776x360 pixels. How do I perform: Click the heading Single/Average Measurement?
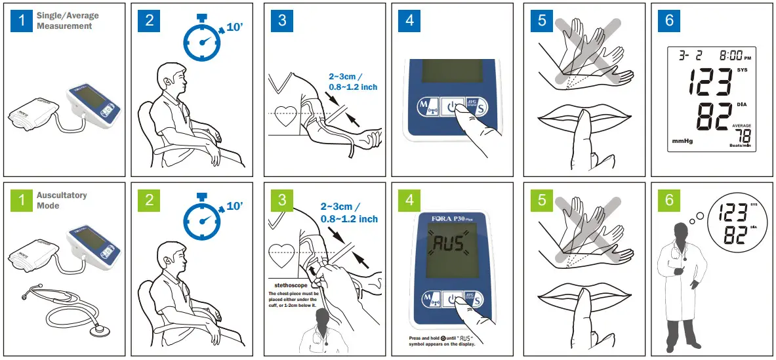(64, 20)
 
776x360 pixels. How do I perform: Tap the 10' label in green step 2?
(235, 207)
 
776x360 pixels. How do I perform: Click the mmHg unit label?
(684, 141)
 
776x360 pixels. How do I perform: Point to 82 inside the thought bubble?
(733, 235)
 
